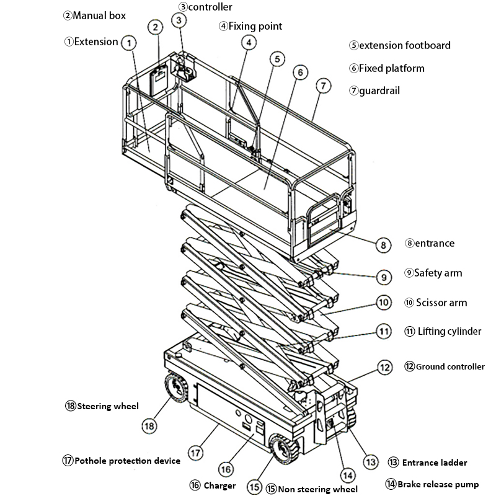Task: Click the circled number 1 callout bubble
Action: pyautogui.click(x=128, y=43)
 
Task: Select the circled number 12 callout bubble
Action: pyautogui.click(x=385, y=367)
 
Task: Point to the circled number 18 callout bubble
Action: pyautogui.click(x=148, y=426)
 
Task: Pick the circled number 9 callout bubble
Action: pyautogui.click(x=384, y=277)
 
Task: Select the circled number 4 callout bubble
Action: pyautogui.click(x=248, y=43)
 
